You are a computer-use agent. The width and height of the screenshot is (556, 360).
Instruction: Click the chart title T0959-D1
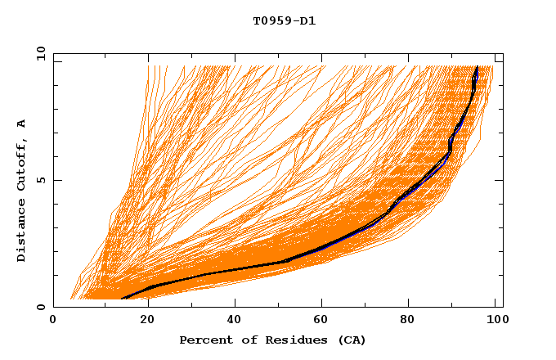tap(284, 21)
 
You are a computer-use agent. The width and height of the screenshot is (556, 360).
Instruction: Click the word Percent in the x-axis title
tap(204, 340)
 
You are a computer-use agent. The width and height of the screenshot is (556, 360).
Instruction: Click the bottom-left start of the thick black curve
tap(121, 299)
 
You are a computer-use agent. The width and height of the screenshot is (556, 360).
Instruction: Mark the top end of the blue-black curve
tap(477, 67)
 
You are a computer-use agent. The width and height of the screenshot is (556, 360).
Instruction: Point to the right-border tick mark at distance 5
tap(498, 180)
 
